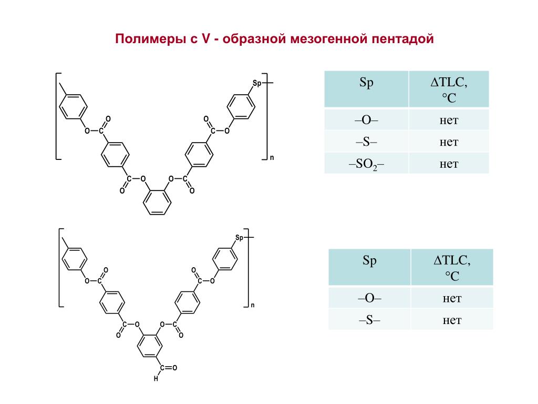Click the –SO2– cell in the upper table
point(366,164)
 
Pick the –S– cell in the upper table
point(366,142)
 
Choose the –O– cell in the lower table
point(369,298)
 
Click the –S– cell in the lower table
point(369,320)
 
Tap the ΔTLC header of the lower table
point(452,267)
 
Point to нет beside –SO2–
point(449,164)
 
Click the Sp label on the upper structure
point(257,83)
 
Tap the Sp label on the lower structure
point(240,238)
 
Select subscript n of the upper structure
point(272,157)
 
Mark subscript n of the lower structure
point(252,305)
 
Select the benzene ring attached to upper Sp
point(242,106)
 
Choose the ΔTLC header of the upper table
point(449,89)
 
